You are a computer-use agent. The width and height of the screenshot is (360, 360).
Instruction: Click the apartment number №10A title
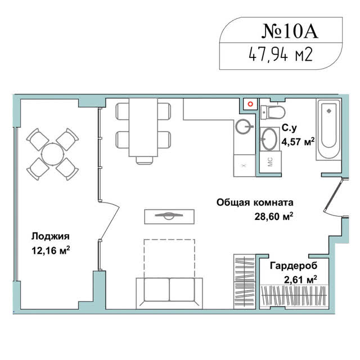click(290, 30)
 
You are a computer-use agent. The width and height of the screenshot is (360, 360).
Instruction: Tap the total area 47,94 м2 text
click(281, 55)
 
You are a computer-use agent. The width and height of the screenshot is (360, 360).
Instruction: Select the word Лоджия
click(50, 236)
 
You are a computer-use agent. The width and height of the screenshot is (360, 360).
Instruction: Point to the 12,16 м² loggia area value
click(51, 250)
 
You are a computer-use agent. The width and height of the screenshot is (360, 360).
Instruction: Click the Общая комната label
click(255, 202)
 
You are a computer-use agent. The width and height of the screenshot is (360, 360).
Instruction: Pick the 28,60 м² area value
click(274, 216)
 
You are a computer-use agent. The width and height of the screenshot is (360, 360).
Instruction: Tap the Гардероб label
click(294, 266)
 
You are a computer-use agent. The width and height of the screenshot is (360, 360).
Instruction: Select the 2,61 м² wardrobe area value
click(300, 280)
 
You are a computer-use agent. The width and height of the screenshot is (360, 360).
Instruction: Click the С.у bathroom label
click(289, 128)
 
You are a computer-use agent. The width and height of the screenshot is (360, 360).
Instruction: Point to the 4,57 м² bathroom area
click(298, 142)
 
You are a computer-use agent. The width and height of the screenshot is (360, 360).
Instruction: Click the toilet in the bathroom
click(273, 112)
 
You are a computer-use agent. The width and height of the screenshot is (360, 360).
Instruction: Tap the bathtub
click(328, 129)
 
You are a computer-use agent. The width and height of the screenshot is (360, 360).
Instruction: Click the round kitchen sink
click(243, 127)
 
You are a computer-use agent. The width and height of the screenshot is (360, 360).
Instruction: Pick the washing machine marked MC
click(270, 162)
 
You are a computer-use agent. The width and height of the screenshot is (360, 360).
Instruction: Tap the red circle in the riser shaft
click(250, 104)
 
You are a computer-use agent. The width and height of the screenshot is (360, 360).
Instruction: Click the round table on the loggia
click(52, 154)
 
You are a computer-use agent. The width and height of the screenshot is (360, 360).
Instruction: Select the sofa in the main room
click(169, 293)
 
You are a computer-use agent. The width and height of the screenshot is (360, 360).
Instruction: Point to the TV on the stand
click(169, 215)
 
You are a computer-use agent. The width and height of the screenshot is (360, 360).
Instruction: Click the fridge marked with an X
click(244, 165)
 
